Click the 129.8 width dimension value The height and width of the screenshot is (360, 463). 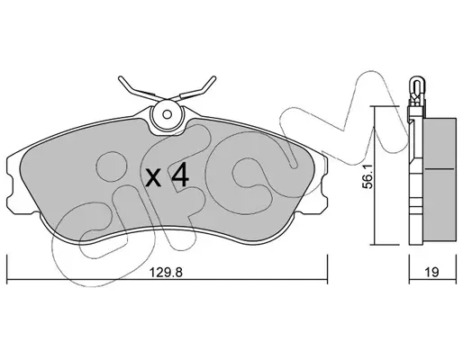pyautogui.click(x=166, y=273)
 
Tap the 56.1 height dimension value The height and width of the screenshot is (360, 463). pyautogui.click(x=368, y=176)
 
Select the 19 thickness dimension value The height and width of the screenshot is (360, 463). pyautogui.click(x=432, y=273)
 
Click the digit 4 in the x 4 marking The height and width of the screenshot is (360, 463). pyautogui.click(x=180, y=177)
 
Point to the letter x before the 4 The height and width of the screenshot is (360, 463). pyautogui.click(x=154, y=178)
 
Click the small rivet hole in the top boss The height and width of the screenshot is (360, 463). pyautogui.click(x=167, y=114)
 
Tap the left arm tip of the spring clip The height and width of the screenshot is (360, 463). pyautogui.click(x=121, y=78)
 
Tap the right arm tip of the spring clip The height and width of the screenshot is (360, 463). pyautogui.click(x=213, y=78)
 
